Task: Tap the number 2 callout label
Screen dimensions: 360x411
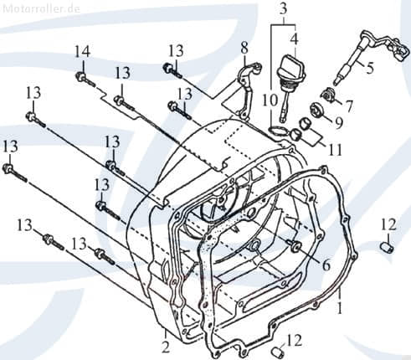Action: (x=166, y=346)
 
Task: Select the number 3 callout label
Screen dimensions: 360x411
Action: (x=284, y=9)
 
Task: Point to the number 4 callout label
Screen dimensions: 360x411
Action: (x=293, y=38)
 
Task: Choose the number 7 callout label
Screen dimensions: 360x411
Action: (x=349, y=105)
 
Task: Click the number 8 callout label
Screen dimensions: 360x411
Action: (x=244, y=46)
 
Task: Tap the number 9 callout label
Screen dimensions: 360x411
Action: (x=339, y=122)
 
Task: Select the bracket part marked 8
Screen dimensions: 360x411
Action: (x=244, y=84)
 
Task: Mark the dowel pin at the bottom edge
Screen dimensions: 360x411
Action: (x=276, y=349)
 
